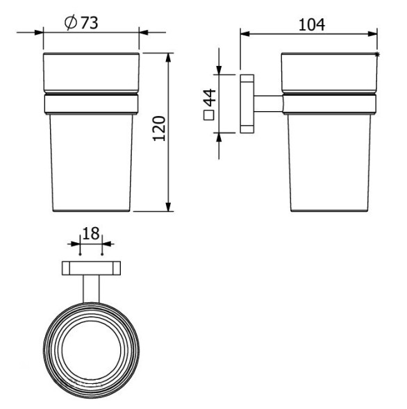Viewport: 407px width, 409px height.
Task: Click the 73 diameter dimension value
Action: click(88, 22)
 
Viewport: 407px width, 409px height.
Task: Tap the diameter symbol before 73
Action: click(69, 22)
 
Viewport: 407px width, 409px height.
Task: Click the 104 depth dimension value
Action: click(312, 25)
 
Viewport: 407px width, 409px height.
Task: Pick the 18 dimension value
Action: click(90, 233)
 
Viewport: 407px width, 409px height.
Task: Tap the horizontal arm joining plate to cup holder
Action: click(267, 103)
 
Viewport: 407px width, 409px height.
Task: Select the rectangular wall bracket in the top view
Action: click(91, 269)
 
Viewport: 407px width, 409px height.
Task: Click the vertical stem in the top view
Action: click(91, 289)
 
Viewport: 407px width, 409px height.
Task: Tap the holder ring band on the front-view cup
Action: click(91, 105)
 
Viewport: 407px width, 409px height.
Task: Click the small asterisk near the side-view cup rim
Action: click(378, 53)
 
